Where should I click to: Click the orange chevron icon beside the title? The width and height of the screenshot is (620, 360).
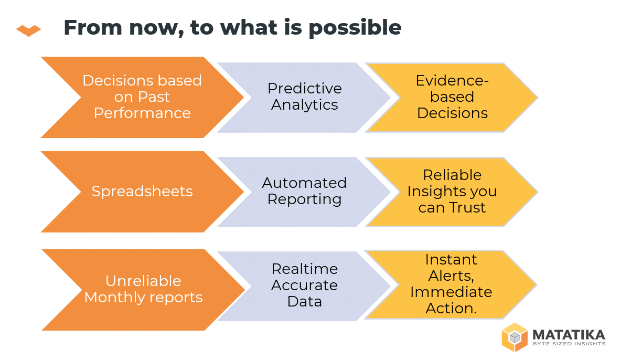(28, 30)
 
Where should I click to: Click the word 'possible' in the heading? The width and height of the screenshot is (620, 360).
(355, 28)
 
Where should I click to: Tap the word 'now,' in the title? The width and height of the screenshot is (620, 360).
(157, 28)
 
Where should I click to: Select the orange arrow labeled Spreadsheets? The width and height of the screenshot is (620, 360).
(142, 192)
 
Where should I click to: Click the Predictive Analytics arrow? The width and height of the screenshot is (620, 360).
(304, 97)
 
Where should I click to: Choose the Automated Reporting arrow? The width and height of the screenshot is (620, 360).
(304, 192)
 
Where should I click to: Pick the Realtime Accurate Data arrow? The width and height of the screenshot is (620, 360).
(304, 285)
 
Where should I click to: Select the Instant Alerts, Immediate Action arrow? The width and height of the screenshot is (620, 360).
(451, 284)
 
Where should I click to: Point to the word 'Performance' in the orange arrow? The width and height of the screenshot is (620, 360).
(142, 113)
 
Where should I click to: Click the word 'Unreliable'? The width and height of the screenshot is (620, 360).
(143, 281)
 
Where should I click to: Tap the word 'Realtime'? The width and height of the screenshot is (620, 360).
(304, 269)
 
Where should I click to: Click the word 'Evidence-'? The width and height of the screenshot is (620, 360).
(452, 81)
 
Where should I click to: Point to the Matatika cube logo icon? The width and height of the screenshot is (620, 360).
(515, 337)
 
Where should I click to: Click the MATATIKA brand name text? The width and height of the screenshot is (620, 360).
(569, 335)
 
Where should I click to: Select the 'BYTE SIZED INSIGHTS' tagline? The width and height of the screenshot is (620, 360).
(569, 344)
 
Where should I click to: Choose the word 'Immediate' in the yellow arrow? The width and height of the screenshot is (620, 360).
(451, 292)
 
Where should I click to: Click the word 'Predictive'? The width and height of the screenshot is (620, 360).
(304, 89)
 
